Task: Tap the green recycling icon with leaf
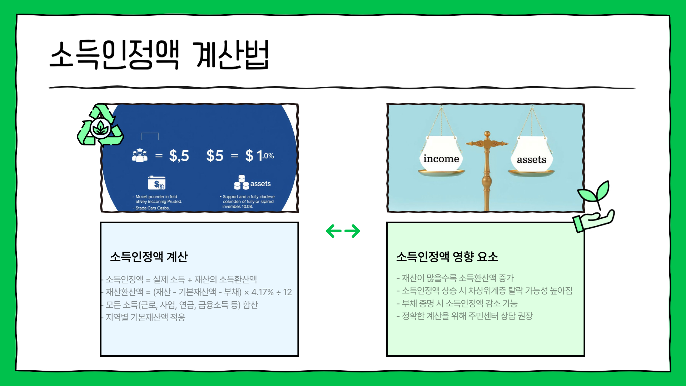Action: click(100, 126)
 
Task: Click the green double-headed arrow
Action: click(343, 231)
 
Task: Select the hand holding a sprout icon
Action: click(594, 207)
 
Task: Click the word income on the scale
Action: click(441, 159)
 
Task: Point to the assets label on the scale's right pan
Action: click(531, 160)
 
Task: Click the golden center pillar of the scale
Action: click(487, 172)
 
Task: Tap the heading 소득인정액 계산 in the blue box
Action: click(149, 257)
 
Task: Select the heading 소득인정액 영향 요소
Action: click(447, 257)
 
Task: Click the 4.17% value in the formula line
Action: click(262, 292)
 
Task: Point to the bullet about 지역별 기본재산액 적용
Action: click(145, 317)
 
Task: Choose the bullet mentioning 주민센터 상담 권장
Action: click(467, 316)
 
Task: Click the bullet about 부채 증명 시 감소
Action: click(459, 303)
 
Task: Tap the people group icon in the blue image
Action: click(140, 155)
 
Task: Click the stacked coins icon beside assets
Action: click(241, 182)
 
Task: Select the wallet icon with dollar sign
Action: click(156, 183)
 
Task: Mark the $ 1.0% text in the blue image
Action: click(259, 156)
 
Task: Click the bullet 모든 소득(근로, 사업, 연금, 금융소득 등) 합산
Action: click(182, 305)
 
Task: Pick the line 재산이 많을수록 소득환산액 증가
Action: click(457, 278)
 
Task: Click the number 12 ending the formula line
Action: click(287, 292)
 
